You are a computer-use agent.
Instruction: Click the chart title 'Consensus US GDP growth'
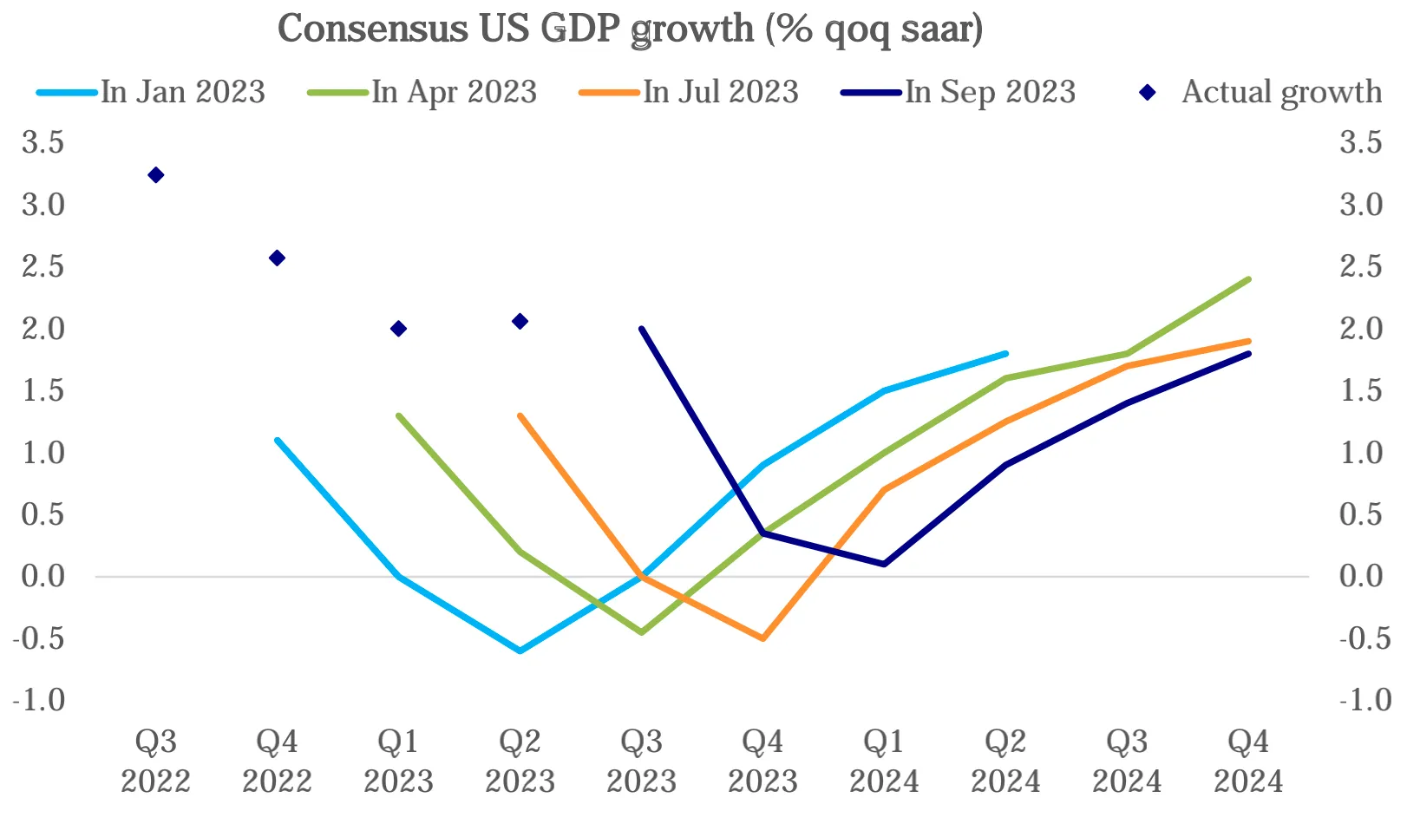(630, 29)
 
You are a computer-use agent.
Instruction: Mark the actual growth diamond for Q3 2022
(156, 175)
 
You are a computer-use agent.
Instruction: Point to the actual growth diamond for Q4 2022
(278, 258)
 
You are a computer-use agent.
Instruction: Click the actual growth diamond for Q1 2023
(399, 329)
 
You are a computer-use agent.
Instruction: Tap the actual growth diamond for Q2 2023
(520, 322)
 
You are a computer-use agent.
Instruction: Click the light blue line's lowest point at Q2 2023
(520, 651)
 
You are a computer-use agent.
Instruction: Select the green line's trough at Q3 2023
(642, 632)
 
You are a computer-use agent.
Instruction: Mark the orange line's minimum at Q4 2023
(763, 638)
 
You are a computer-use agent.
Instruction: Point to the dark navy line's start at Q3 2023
(642, 329)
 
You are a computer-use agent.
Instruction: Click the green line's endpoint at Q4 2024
(1248, 279)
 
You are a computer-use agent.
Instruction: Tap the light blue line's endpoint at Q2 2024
(1005, 354)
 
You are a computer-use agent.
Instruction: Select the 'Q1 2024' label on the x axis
(884, 761)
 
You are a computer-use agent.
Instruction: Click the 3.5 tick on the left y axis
(43, 142)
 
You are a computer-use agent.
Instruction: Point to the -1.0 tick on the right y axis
(1364, 700)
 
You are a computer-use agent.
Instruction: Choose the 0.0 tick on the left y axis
(43, 576)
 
